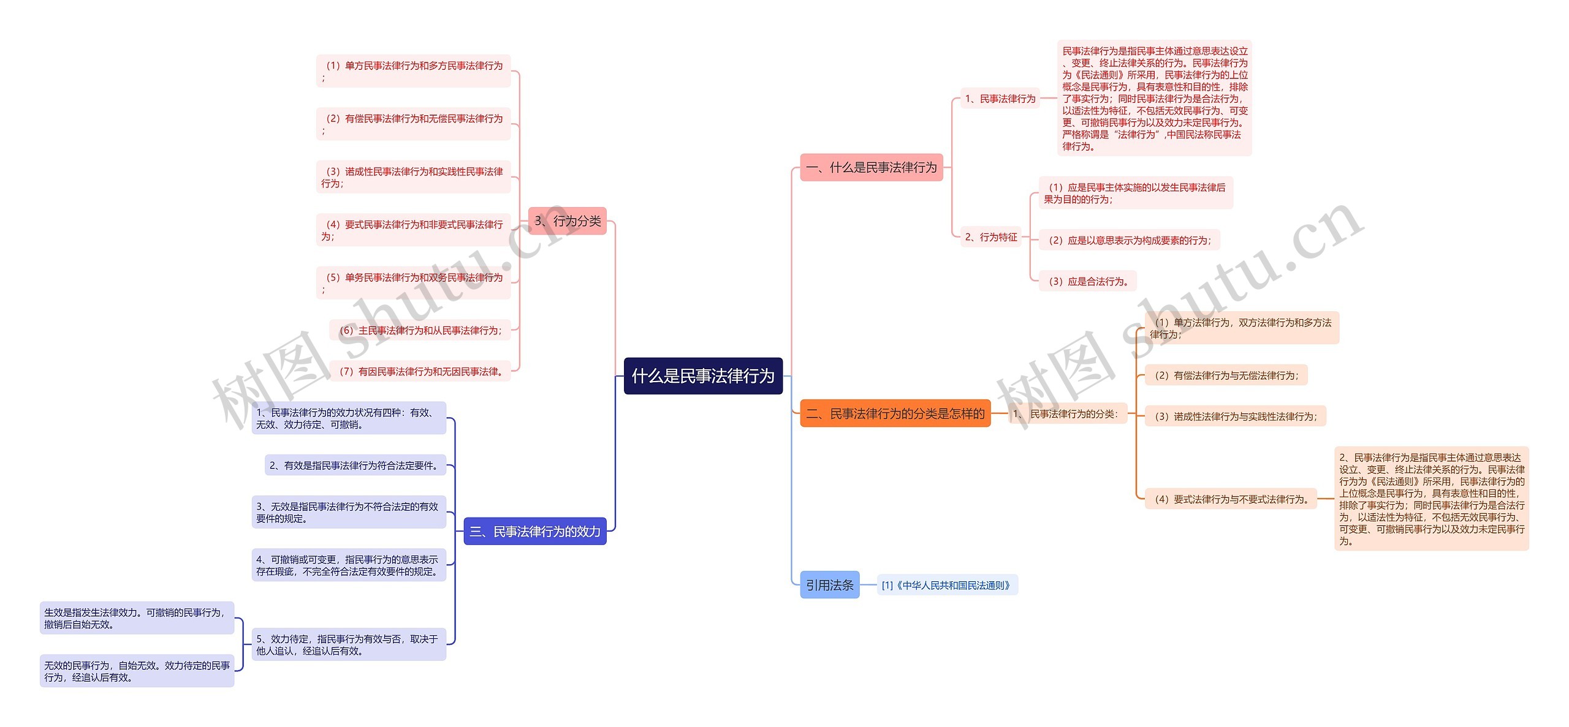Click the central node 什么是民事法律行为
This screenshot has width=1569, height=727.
click(x=703, y=375)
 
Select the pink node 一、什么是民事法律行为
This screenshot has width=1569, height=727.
click(x=871, y=167)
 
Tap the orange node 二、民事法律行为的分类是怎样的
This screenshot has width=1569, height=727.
click(x=895, y=413)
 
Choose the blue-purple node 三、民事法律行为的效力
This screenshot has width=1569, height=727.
click(x=534, y=531)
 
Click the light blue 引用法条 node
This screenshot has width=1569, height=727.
click(x=829, y=585)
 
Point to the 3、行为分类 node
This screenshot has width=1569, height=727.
click(x=567, y=220)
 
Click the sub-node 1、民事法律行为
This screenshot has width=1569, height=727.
click(x=1000, y=98)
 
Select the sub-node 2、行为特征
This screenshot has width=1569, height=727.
click(x=990, y=236)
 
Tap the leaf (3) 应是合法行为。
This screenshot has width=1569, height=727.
click(x=1088, y=281)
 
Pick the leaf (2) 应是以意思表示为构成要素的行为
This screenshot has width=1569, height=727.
click(x=1129, y=240)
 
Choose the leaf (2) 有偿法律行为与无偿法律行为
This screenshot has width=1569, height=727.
click(x=1226, y=375)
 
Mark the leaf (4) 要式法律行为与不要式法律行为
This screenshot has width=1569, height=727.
click(x=1231, y=499)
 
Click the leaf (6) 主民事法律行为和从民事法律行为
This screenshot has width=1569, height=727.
click(x=420, y=330)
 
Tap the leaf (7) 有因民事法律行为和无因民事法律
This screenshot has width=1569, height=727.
click(x=420, y=371)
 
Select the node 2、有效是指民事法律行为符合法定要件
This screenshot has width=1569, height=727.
click(x=355, y=465)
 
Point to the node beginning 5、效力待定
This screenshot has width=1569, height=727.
click(x=348, y=644)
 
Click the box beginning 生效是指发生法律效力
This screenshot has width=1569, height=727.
click(x=137, y=618)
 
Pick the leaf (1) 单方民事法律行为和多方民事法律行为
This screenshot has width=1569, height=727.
click(x=413, y=71)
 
